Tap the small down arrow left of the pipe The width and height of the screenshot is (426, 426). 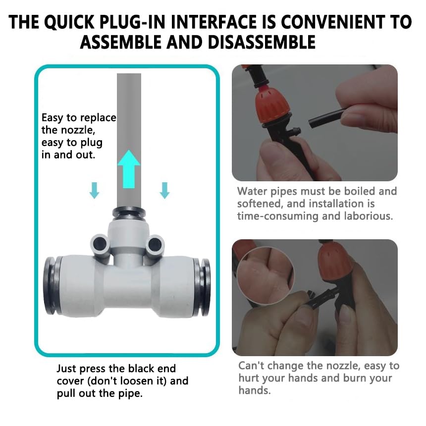pyautogui.click(x=94, y=190)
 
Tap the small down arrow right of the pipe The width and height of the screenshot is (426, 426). pyautogui.click(x=164, y=190)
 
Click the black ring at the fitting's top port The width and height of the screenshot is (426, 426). pyautogui.click(x=129, y=212)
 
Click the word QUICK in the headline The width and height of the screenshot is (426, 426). pyautogui.click(x=69, y=22)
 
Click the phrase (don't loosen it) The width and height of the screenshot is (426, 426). pyautogui.click(x=127, y=381)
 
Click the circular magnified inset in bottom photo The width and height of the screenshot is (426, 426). pyautogui.click(x=265, y=275)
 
